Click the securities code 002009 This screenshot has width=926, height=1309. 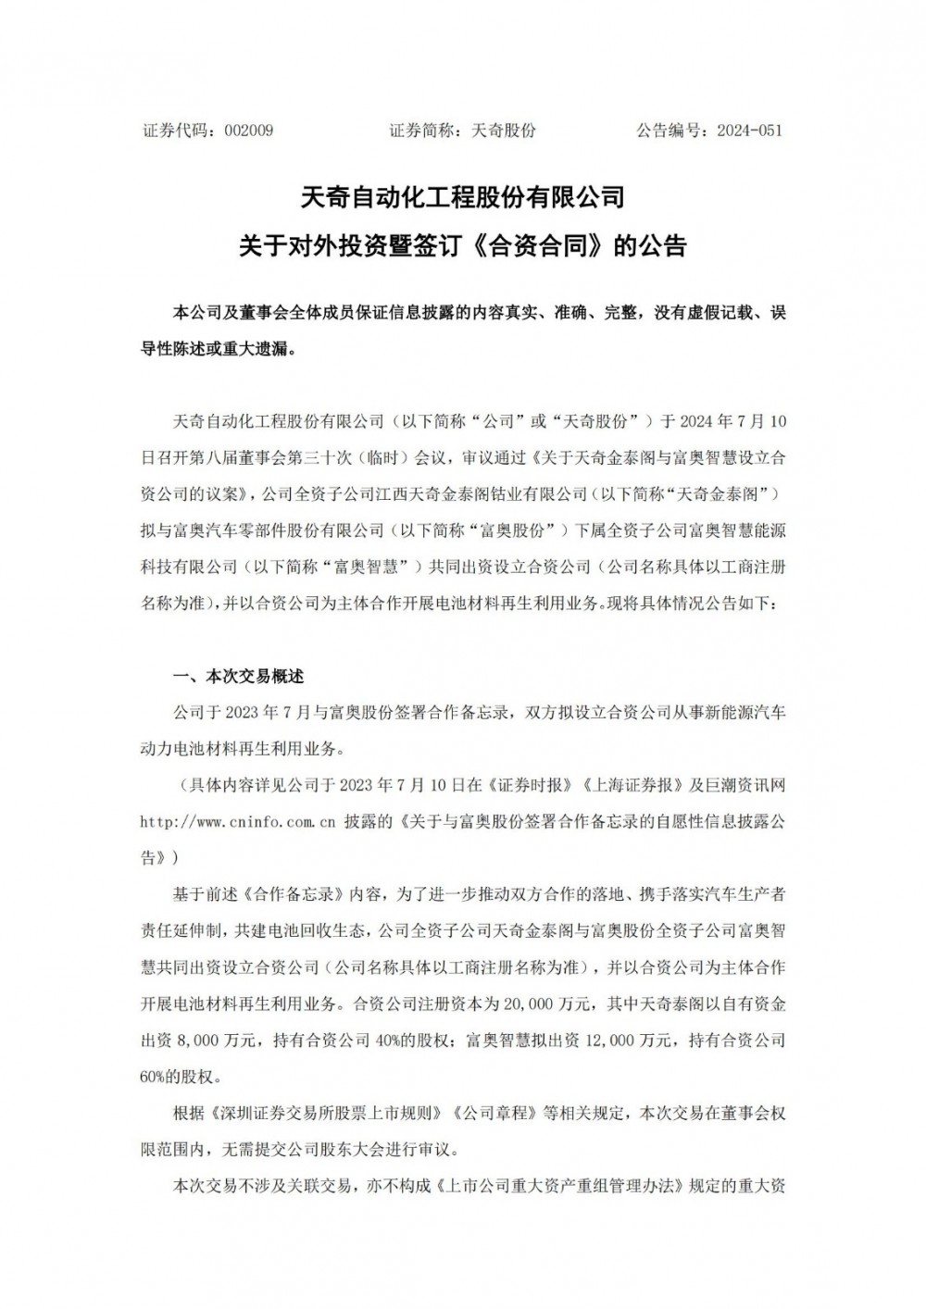(248, 131)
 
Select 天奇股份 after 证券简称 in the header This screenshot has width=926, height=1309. (504, 131)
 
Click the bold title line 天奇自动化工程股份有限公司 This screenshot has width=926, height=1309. (463, 197)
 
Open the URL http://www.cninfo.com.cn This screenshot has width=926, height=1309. (237, 820)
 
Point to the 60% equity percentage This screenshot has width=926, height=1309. (156, 1076)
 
